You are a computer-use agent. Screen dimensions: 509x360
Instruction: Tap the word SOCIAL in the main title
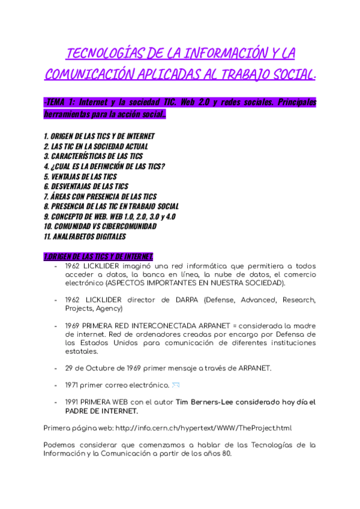pos(277,75)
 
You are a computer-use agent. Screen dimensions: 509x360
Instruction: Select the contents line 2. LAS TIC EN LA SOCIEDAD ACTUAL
pos(96,146)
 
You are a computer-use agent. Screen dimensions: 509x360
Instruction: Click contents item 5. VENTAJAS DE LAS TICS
pos(80,176)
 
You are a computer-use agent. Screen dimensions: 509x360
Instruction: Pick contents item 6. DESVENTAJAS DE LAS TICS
pos(86,186)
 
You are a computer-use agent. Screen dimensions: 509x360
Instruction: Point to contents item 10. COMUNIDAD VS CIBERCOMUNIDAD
pos(100,226)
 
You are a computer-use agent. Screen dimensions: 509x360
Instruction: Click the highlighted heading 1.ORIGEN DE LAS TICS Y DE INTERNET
pos(98,256)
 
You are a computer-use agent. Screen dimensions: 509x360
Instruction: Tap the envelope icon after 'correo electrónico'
pos(176,384)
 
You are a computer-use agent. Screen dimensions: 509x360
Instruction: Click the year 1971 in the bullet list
pos(73,385)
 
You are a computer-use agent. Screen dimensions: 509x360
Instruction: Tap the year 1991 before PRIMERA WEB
pos(73,402)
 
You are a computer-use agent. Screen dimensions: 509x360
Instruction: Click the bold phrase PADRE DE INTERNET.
pos(101,411)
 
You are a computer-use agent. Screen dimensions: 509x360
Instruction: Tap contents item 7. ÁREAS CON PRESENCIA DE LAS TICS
pos(100,196)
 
